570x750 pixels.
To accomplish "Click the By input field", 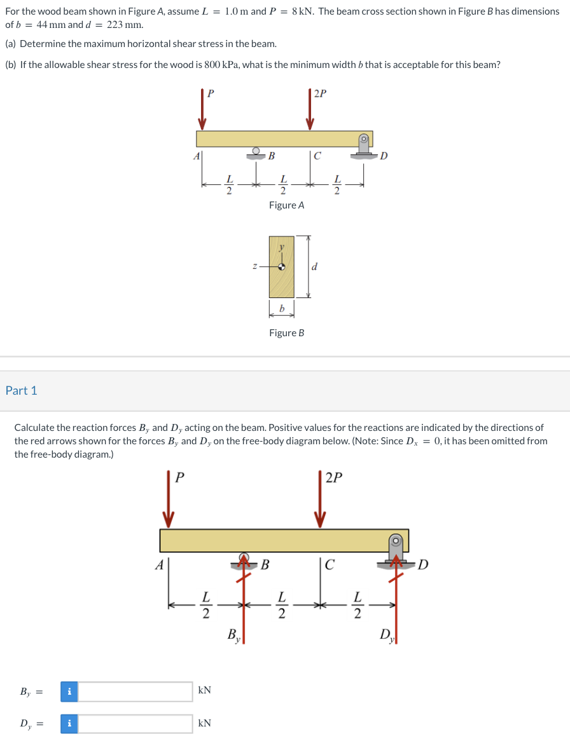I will pyautogui.click(x=135, y=691).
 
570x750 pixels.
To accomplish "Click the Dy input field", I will pyautogui.click(x=135, y=724).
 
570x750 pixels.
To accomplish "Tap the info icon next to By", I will pyautogui.click(x=69, y=691).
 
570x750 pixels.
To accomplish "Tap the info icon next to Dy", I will pyautogui.click(x=69, y=724).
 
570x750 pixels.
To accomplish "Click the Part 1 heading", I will pyautogui.click(x=22, y=391).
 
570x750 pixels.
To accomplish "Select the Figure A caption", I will pyautogui.click(x=286, y=205).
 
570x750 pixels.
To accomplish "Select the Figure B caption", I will pyautogui.click(x=286, y=333).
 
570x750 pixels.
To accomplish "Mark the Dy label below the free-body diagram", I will pyautogui.click(x=386, y=635).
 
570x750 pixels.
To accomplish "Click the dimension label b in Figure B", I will pyautogui.click(x=281, y=309).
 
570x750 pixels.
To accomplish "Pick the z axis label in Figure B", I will pyautogui.click(x=254, y=267).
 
